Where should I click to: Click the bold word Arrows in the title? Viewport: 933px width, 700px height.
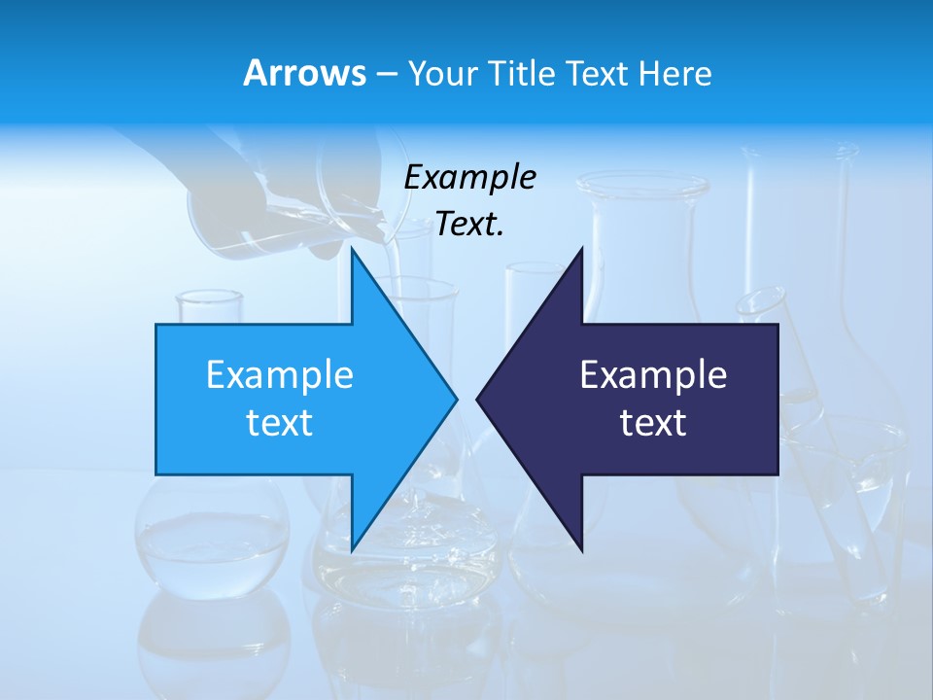[304, 73]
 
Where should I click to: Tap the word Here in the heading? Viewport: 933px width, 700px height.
[674, 73]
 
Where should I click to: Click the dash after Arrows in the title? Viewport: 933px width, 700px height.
[386, 74]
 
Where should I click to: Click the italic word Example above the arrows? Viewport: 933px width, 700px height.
[469, 178]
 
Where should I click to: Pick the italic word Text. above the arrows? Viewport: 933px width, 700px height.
[469, 225]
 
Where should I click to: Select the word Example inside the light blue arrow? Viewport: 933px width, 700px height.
[280, 375]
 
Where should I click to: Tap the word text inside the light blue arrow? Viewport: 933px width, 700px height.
[280, 423]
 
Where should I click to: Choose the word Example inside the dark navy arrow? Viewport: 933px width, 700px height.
[653, 375]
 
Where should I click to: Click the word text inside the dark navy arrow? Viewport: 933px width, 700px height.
[653, 423]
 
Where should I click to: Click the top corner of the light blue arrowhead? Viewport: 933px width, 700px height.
[352, 249]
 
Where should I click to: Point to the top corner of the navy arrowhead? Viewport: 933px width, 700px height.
[581, 249]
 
